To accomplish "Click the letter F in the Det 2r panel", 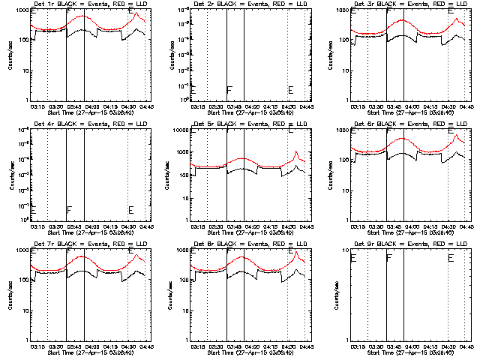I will pyautogui.click(x=229, y=90).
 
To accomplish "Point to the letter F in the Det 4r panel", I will pyautogui.click(x=69, y=209).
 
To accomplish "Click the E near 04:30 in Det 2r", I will pyautogui.click(x=290, y=90).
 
